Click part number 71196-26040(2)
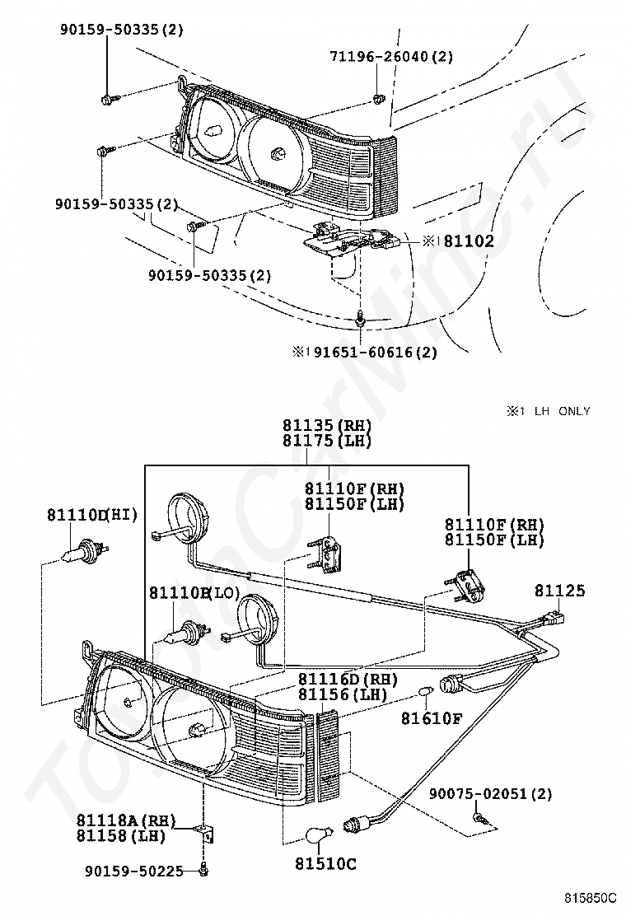(x=391, y=57)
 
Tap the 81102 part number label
(x=469, y=241)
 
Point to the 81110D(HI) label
(x=92, y=515)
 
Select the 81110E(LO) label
(x=194, y=593)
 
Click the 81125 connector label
(x=559, y=591)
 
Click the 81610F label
(x=431, y=718)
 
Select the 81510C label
(x=325, y=863)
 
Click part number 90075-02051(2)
(x=491, y=794)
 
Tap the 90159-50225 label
(x=133, y=871)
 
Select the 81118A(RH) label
(x=126, y=820)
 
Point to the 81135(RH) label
(x=327, y=425)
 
